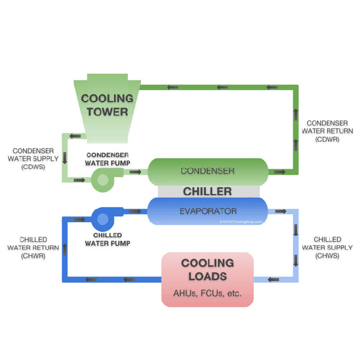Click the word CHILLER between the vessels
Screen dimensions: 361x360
tap(208, 192)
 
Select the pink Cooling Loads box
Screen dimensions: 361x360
tap(208, 279)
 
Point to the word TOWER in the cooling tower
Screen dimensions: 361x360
tap(107, 112)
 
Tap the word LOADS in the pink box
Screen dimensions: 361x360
tap(208, 276)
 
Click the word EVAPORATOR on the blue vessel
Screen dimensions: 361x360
tap(208, 211)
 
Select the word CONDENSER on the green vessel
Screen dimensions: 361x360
tap(208, 171)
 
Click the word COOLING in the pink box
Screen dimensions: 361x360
tap(208, 263)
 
